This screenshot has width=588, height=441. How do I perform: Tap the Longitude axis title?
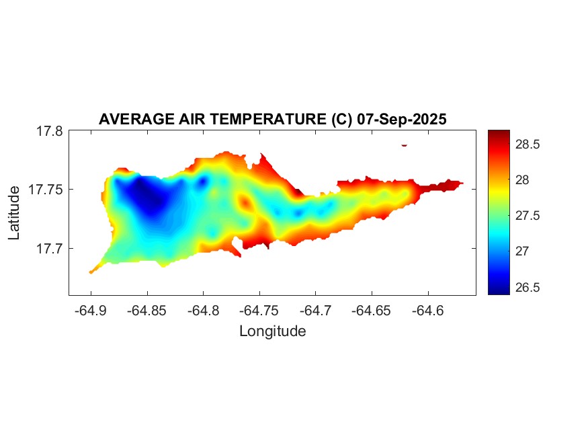pos(272,331)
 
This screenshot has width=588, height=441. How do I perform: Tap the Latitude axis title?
pos(14,213)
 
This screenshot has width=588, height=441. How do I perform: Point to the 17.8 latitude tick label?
pos(50,132)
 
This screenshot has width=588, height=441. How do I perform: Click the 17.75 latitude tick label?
pos(46,190)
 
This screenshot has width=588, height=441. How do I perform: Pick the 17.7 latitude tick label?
pos(50,249)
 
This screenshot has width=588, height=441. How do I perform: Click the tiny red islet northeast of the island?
pos(405,145)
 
